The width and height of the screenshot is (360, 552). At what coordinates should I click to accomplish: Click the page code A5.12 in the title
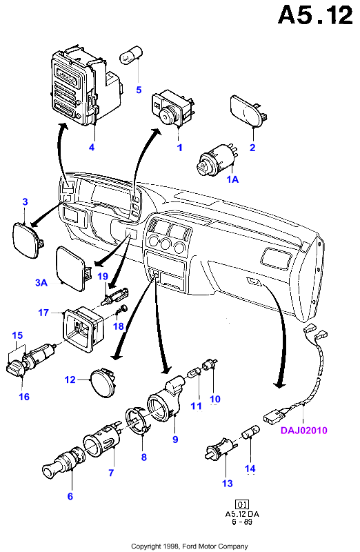315,15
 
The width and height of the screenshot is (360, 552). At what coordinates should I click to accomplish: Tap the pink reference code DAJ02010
303,430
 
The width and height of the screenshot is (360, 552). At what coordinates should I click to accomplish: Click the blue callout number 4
92,147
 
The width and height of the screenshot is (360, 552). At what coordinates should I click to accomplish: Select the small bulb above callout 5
132,57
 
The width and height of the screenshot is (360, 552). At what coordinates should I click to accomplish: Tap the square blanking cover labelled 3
28,239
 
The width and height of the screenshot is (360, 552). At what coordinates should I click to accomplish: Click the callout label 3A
41,282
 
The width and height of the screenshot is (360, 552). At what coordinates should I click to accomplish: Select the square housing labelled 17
83,329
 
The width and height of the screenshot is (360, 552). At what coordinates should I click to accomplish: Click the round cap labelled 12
103,382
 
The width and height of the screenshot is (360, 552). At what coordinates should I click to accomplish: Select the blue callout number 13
228,484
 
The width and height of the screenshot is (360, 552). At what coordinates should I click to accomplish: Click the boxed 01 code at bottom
242,504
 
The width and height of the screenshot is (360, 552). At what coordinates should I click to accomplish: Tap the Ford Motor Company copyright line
190,546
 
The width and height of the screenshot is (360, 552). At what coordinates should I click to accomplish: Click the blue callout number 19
103,277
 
